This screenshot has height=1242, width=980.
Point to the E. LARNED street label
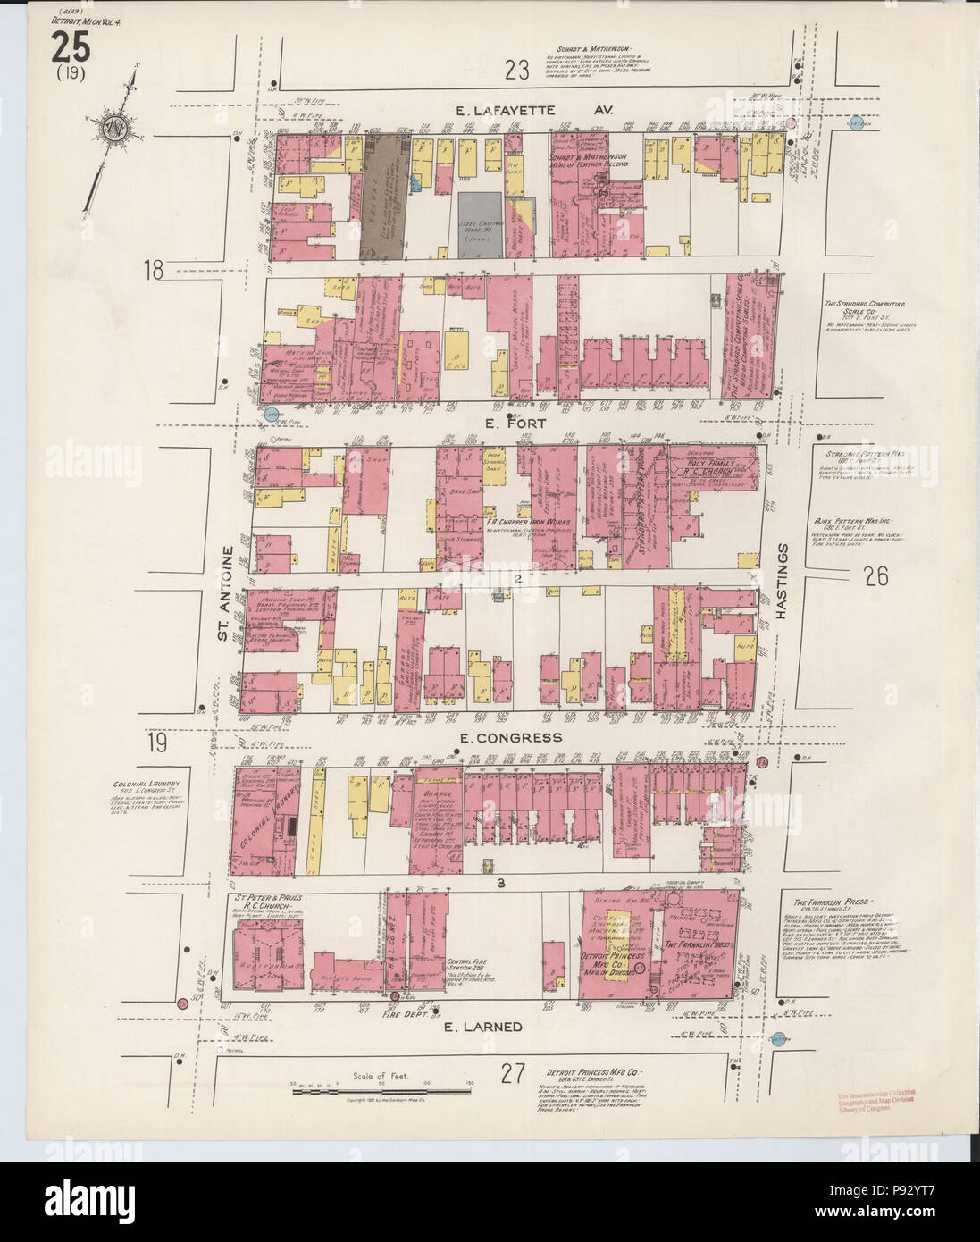point(482,1028)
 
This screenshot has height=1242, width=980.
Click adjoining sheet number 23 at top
point(515,69)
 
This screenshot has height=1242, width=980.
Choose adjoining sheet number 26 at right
point(875,576)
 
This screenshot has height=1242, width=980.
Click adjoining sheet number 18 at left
point(155,269)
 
